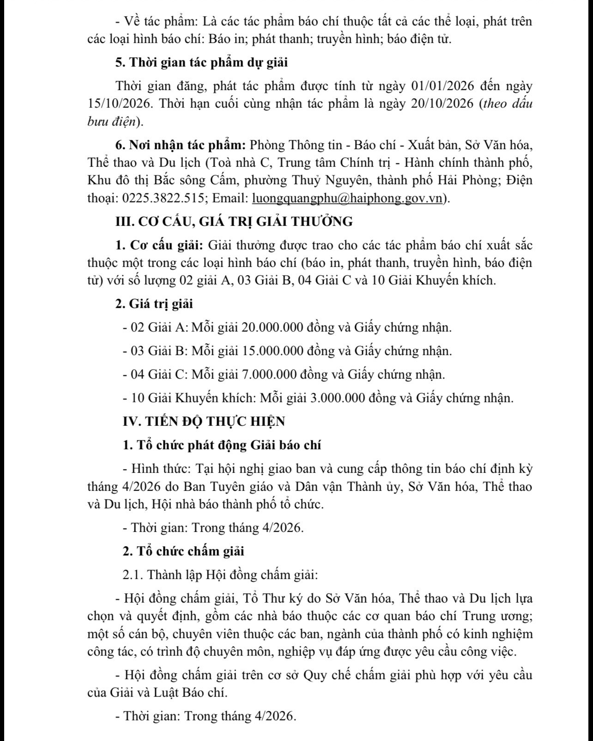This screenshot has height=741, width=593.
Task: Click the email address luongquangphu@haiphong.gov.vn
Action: click(x=347, y=198)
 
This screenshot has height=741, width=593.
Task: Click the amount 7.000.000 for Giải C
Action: click(x=269, y=374)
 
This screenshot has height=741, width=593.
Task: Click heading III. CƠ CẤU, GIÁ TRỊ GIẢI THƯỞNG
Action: click(x=234, y=222)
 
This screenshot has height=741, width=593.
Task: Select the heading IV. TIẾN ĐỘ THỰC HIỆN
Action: click(x=204, y=422)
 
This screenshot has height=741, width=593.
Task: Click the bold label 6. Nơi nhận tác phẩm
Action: click(x=181, y=145)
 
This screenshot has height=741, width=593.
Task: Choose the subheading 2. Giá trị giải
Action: click(x=154, y=304)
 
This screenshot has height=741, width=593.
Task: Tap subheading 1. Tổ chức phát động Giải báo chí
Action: click(x=222, y=445)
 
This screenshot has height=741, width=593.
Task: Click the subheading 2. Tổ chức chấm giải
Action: click(x=183, y=551)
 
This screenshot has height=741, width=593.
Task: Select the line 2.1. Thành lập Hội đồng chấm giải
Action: click(x=220, y=575)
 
